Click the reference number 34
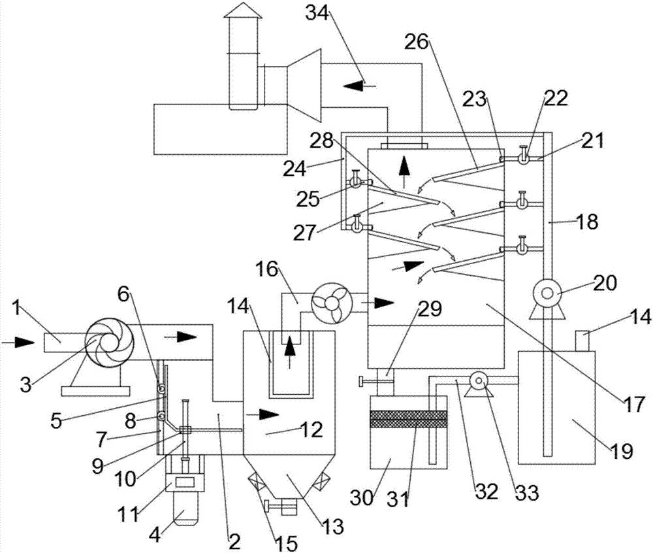click(319, 13)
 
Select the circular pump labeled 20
click(547, 293)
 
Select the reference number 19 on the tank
click(622, 450)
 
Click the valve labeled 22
click(523, 159)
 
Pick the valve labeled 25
click(356, 182)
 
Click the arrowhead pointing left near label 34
click(354, 86)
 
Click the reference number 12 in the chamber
click(311, 429)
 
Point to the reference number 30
click(361, 497)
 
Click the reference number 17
click(633, 404)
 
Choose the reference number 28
click(321, 141)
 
